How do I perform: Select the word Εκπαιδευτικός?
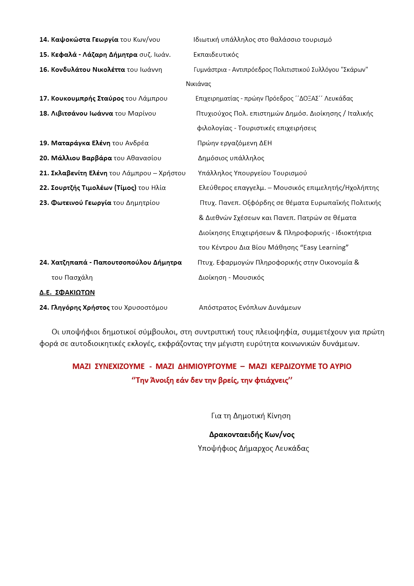pos(216,55)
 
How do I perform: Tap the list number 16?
pos(44,70)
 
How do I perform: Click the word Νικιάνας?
pos(198,84)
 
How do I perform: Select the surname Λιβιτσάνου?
pos(69,114)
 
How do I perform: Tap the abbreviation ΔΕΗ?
pos(265,143)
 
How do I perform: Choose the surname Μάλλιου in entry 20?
pos(64,158)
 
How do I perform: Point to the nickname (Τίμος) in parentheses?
pos(125,188)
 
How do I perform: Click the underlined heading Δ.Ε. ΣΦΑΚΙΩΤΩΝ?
pos(67,293)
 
